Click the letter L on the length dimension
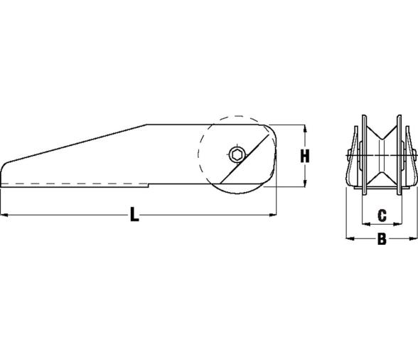[134, 214]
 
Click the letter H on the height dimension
[305, 156]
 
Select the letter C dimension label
[382, 216]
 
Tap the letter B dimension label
[382, 239]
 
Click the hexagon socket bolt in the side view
[237, 154]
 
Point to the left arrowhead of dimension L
[4, 214]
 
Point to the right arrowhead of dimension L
[273, 214]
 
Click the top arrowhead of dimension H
[305, 129]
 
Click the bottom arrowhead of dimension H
[305, 183]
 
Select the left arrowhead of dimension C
[366, 224]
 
